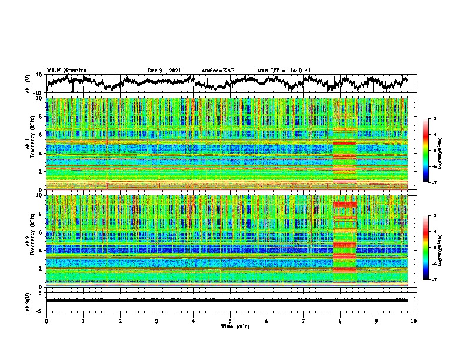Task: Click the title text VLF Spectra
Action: (66, 71)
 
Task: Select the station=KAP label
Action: (218, 71)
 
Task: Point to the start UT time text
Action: (284, 71)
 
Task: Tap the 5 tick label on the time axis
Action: (230, 321)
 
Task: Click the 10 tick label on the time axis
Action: (414, 321)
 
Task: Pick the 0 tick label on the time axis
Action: (46, 321)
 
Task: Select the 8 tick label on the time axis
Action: (340, 321)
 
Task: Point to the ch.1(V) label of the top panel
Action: (29, 84)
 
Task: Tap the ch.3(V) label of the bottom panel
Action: (29, 300)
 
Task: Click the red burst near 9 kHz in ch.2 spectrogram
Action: (345, 204)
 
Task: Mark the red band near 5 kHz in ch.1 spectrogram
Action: (345, 144)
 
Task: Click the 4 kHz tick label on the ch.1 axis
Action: (41, 153)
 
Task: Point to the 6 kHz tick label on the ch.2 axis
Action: (41, 232)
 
